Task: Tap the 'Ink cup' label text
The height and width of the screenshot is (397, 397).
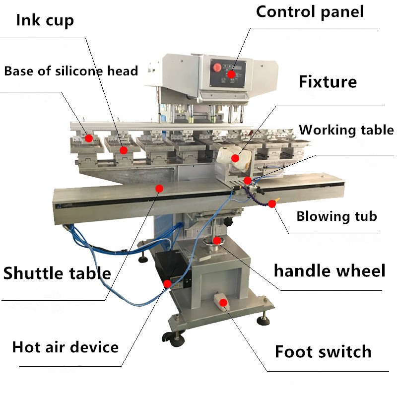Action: tap(45, 20)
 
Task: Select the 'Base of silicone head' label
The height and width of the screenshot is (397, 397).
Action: tap(71, 70)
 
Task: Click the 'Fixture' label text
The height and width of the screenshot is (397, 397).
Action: tap(328, 81)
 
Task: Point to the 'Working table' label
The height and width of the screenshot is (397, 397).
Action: tap(346, 130)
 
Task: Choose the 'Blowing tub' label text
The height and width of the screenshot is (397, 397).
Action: tap(336, 216)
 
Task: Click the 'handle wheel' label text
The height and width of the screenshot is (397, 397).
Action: tap(330, 271)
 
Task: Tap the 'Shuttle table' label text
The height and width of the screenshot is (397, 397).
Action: tap(57, 273)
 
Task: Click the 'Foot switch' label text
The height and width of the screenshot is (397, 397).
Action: tap(323, 351)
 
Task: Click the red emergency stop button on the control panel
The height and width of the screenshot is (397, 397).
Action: tap(217, 67)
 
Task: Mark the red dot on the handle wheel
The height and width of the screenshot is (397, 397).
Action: tap(217, 240)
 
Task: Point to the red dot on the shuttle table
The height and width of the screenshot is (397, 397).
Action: tap(159, 188)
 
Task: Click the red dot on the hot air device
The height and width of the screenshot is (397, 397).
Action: tap(167, 283)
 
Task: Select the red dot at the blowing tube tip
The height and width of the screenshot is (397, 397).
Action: tap(272, 203)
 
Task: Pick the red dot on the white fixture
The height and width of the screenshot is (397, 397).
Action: tap(235, 159)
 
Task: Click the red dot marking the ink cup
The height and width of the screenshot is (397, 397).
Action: tap(124, 149)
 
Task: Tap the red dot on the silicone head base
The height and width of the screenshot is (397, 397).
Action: tap(88, 138)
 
